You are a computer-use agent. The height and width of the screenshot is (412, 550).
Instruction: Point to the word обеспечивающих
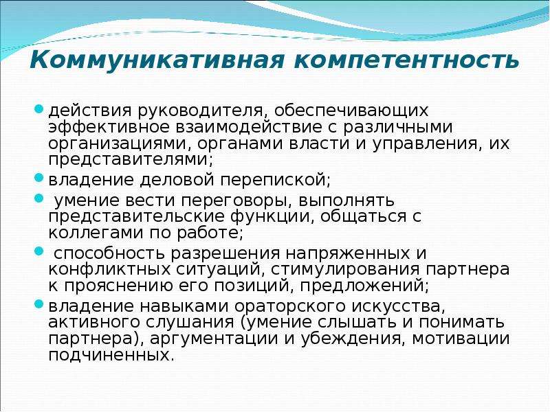[351, 111]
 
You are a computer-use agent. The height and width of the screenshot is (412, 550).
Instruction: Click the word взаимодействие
[249, 127]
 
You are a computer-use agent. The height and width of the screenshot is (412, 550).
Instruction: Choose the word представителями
[131, 160]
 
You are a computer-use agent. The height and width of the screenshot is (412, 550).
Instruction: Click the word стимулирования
[345, 270]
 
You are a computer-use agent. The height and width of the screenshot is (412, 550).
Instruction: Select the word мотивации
[461, 339]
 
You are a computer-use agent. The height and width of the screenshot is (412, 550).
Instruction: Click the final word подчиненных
[111, 355]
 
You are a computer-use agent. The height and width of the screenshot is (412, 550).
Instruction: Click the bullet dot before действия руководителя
[39, 108]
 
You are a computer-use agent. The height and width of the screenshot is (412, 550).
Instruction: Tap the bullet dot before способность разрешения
[39, 251]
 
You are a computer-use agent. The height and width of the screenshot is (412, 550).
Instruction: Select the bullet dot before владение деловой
[39, 178]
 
